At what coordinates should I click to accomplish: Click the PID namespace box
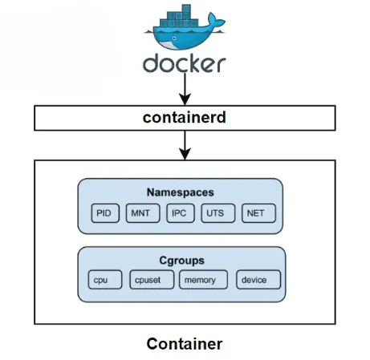[104, 213]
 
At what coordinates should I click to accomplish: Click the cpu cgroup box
[104, 280]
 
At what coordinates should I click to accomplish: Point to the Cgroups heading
[181, 261]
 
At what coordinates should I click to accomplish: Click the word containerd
[185, 118]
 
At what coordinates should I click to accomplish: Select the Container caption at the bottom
[185, 344]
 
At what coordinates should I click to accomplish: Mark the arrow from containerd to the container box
[185, 144]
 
